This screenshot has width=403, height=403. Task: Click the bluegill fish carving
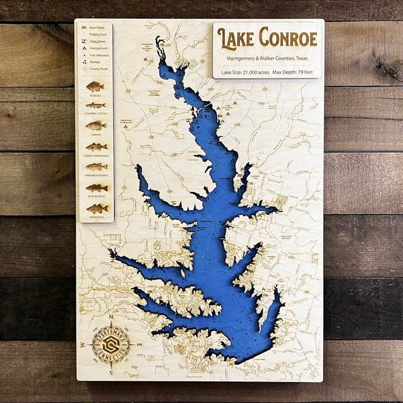[95, 87]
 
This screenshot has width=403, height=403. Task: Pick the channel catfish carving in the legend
[95, 105]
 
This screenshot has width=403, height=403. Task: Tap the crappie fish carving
[95, 126]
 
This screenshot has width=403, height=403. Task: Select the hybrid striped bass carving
[95, 146]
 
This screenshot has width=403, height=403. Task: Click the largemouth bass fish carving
[95, 167]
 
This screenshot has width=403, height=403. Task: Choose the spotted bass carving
[95, 187]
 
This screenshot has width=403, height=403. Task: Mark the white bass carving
[95, 208]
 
